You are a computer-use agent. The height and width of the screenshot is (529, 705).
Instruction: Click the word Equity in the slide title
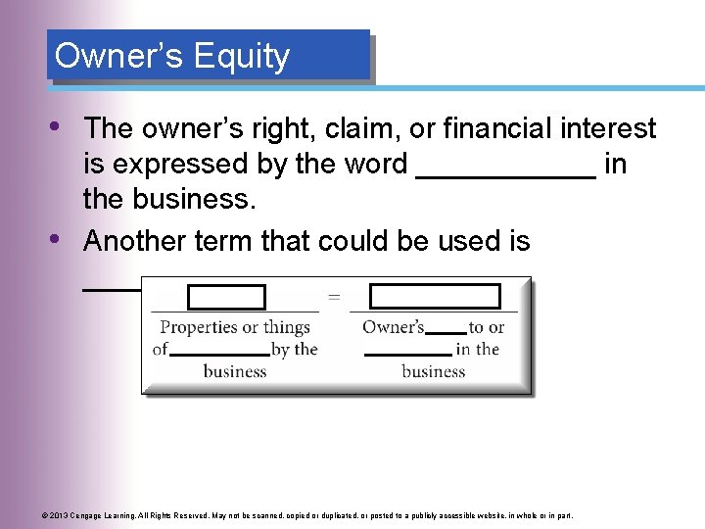point(242,57)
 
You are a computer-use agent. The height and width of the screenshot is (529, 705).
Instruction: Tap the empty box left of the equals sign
point(226,297)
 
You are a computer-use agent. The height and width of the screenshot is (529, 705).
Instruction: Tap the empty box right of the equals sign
point(435,297)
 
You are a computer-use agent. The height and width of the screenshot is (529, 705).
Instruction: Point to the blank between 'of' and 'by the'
point(218,352)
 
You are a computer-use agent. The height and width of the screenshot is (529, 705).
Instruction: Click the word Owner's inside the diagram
point(393,327)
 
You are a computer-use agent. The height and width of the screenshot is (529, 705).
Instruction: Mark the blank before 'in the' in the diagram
point(407,352)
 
